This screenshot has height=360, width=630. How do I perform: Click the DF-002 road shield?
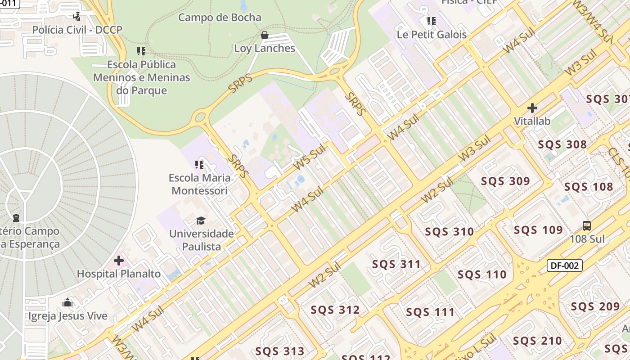pos(565,265)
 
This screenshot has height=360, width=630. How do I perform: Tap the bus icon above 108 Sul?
pos(587,226)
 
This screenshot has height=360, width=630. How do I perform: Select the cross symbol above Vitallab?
pos(532,108)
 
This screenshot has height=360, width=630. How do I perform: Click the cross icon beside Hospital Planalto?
pos(119,261)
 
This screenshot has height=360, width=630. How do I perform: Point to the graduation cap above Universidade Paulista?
pos(201,220)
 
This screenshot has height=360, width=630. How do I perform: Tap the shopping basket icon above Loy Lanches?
pos(265,35)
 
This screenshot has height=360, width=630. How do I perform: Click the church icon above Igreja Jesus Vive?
pos(68,302)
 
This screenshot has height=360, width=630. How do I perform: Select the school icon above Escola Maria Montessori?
pos(199,165)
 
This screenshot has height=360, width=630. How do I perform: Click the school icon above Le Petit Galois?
pos(432,21)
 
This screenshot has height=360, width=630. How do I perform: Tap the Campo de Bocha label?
pos(220,18)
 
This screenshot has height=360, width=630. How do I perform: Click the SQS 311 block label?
pos(396,264)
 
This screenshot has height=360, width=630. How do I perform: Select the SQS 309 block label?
pos(505,181)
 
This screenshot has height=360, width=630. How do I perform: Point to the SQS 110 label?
pos(482,274)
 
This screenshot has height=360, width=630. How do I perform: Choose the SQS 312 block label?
pos(335,310)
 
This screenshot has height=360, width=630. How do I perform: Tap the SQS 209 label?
pos(595,307)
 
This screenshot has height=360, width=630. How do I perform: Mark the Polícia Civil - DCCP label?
pos(77,30)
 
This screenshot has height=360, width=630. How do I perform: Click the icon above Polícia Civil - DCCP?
pos(77,17)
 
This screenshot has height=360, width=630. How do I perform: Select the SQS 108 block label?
pos(589,187)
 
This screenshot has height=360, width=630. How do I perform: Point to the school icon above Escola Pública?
pos(141,51)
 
